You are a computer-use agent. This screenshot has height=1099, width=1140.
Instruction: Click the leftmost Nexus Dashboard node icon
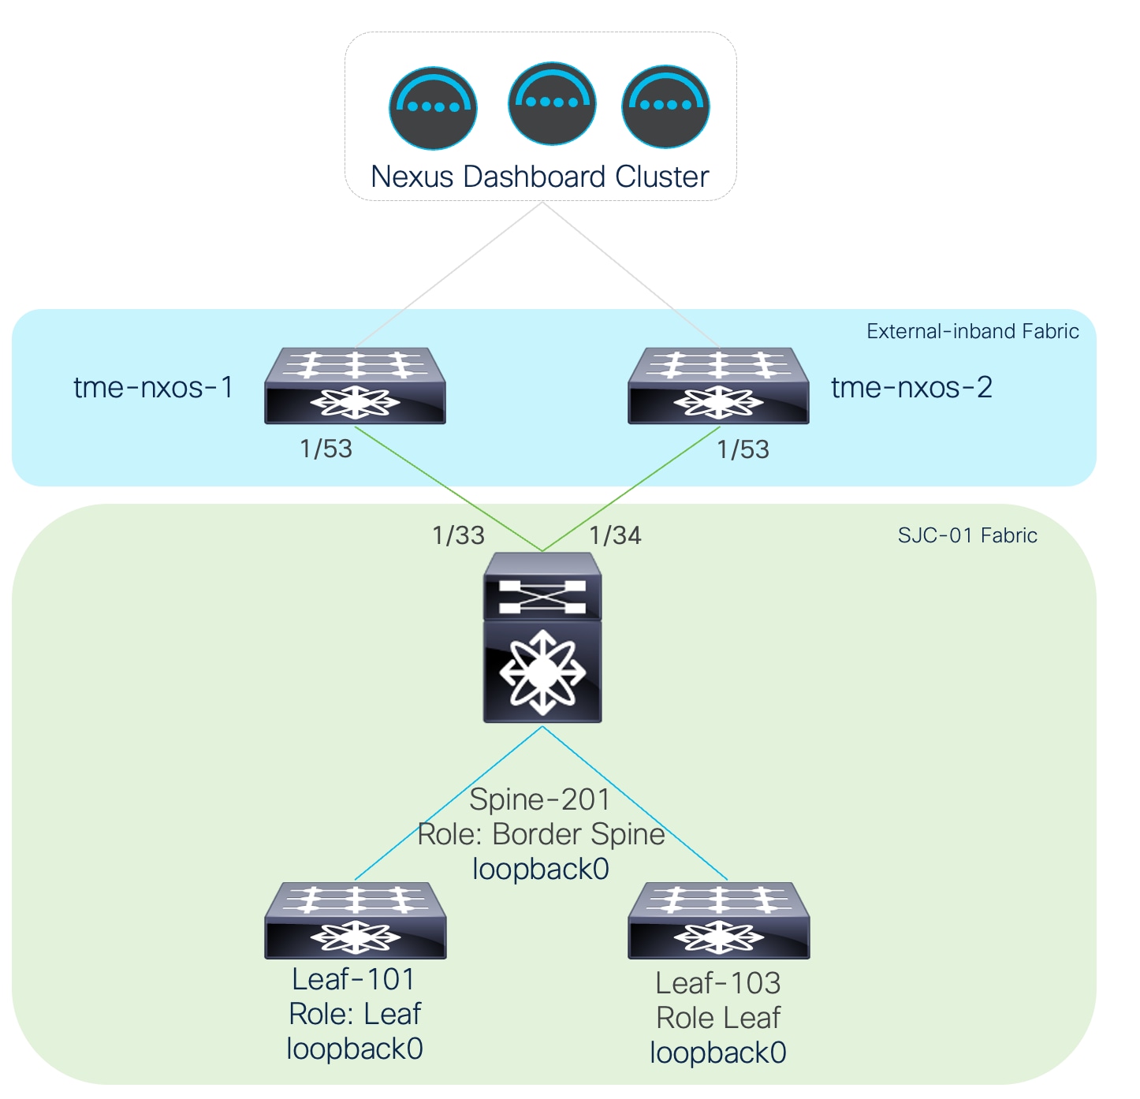pyautogui.click(x=433, y=108)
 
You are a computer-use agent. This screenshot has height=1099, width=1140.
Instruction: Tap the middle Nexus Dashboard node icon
pyautogui.click(x=552, y=103)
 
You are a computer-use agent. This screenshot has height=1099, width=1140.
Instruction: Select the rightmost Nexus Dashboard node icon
pyautogui.click(x=665, y=106)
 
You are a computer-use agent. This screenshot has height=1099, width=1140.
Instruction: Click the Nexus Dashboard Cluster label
pyautogui.click(x=540, y=177)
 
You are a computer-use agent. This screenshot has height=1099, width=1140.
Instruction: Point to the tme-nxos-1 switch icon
pyautogui.click(x=355, y=386)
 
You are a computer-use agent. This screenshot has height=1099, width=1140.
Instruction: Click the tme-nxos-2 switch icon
pyautogui.click(x=718, y=386)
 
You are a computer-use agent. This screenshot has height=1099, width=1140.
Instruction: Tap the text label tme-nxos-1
pyautogui.click(x=154, y=387)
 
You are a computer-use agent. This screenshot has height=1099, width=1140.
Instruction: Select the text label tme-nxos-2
pyautogui.click(x=912, y=387)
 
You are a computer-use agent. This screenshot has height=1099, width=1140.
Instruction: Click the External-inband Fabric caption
pyautogui.click(x=972, y=331)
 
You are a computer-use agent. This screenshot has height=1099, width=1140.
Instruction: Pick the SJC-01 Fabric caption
pyautogui.click(x=967, y=535)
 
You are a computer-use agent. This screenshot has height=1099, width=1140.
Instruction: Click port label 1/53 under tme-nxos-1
pyautogui.click(x=326, y=449)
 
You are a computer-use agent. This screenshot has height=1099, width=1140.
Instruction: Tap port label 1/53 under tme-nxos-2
pyautogui.click(x=743, y=449)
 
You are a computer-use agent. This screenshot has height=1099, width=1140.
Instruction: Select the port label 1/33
pyautogui.click(x=458, y=535)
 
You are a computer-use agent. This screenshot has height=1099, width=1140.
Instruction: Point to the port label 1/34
pyautogui.click(x=615, y=535)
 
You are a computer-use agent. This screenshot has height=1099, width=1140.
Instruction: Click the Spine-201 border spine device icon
pyautogui.click(x=542, y=637)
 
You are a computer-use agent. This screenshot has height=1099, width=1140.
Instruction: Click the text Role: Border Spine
pyautogui.click(x=541, y=834)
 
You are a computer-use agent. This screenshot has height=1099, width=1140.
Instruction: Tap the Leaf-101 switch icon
pyautogui.click(x=355, y=920)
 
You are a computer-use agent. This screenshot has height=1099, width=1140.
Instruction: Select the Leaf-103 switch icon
pyautogui.click(x=718, y=920)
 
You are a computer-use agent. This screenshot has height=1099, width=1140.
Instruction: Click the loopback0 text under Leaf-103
pyautogui.click(x=718, y=1052)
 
